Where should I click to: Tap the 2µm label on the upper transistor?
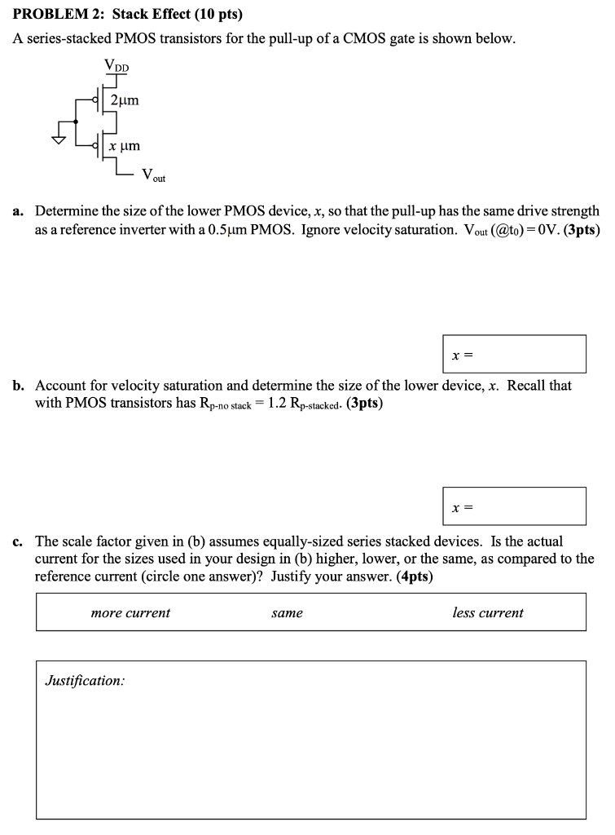(125, 100)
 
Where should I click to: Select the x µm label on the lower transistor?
(125, 146)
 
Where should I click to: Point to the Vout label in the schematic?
(153, 175)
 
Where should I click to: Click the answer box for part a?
(514, 354)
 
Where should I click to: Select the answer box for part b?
(514, 506)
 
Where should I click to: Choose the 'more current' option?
(130, 612)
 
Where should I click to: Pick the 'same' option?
(287, 612)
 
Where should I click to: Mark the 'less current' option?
(488, 612)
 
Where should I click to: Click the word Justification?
(85, 680)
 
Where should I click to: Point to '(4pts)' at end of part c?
(414, 577)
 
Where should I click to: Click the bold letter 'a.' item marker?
(18, 210)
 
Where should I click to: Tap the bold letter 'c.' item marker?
(18, 541)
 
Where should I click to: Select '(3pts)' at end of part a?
(582, 230)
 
